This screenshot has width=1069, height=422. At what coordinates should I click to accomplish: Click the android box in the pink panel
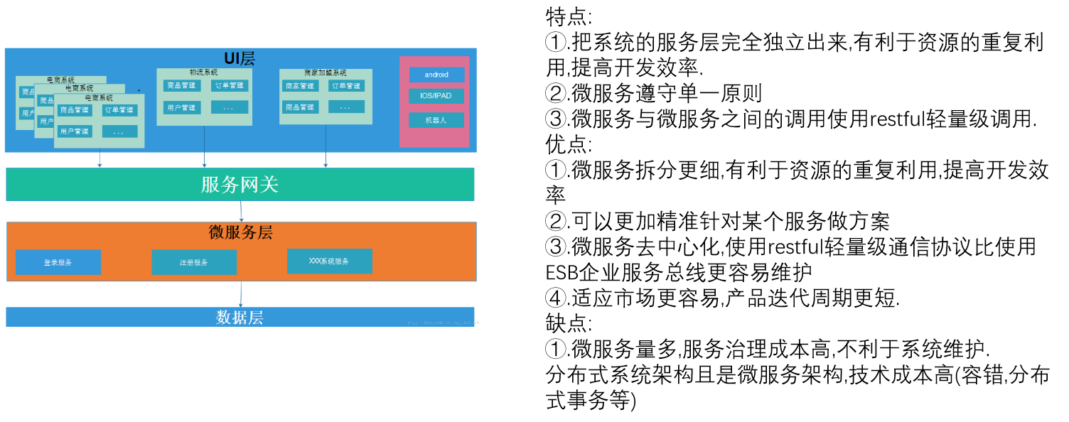436,75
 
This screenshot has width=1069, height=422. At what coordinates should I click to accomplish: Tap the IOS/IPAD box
436,96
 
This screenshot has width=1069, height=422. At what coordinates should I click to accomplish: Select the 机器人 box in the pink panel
436,120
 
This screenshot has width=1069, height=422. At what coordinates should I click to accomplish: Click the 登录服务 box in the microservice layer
58,262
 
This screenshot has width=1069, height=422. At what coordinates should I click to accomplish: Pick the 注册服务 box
193,262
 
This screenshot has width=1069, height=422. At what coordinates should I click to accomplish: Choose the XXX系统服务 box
329,261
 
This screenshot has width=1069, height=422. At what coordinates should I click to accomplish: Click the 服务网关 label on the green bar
240,185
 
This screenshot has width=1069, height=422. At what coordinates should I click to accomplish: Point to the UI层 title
240,58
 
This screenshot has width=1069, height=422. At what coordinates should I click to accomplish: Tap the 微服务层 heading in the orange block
240,232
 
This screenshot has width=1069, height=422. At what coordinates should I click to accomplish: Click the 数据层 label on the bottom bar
240,318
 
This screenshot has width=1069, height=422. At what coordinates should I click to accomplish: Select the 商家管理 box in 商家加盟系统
299,86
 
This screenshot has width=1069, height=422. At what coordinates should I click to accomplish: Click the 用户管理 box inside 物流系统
181,108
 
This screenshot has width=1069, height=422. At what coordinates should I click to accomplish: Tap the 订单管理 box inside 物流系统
230,86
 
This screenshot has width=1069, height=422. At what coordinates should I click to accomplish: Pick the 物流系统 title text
203,72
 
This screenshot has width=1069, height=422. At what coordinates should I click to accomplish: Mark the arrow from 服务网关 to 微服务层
242,211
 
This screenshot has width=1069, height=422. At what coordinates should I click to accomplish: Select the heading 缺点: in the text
568,323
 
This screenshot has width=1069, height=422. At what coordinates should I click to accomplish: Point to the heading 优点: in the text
568,144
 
